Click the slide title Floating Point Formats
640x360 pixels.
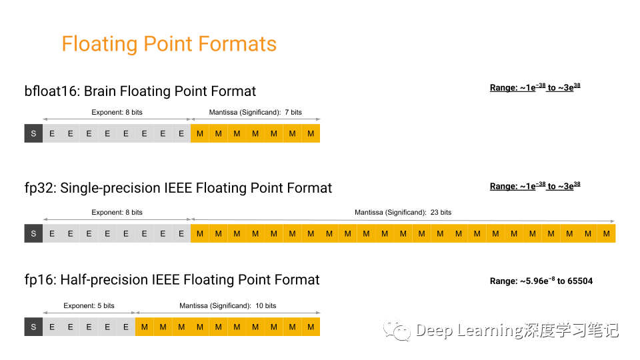click(x=169, y=44)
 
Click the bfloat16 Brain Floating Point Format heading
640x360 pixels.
click(x=140, y=91)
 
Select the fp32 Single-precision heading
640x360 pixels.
click(x=178, y=188)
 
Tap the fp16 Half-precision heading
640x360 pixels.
click(x=172, y=279)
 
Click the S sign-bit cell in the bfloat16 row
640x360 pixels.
click(x=33, y=133)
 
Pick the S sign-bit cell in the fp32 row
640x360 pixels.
click(x=33, y=233)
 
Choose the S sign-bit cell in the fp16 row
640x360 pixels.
click(x=33, y=327)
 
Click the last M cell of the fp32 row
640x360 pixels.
click(x=606, y=233)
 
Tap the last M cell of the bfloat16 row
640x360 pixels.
click(x=311, y=133)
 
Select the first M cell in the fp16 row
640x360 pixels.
click(x=144, y=327)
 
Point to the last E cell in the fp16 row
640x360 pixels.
click(x=126, y=327)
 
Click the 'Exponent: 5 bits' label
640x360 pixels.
click(x=89, y=306)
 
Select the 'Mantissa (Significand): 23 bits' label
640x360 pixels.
click(x=403, y=213)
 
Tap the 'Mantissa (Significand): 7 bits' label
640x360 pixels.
click(x=255, y=112)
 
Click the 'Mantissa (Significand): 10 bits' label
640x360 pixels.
click(x=227, y=306)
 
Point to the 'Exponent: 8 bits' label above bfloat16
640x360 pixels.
click(x=117, y=112)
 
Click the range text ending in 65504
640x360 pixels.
click(x=541, y=281)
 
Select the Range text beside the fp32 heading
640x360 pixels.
click(x=535, y=186)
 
